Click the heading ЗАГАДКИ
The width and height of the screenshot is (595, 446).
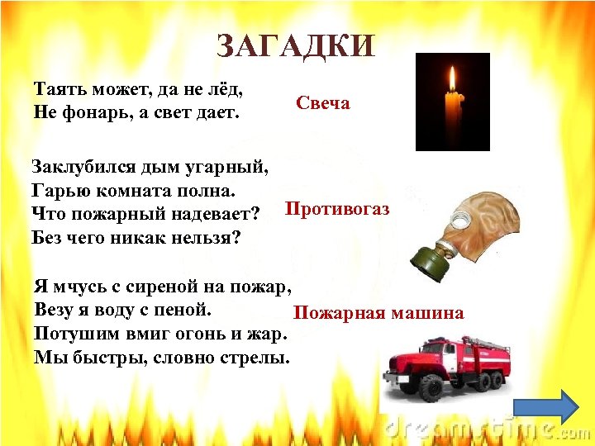296,45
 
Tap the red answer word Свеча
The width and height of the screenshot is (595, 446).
323,103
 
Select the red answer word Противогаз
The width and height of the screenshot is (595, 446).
337,209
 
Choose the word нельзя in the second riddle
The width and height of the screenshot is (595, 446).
208,238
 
